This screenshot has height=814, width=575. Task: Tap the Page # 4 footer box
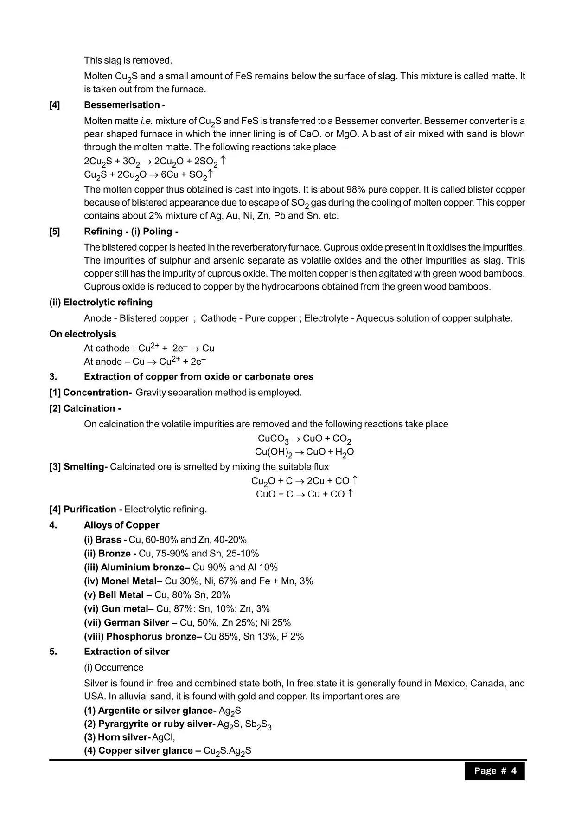[x=495, y=771]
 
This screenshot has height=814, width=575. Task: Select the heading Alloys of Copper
[x=121, y=525]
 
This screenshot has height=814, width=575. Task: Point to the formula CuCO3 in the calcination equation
[x=273, y=439]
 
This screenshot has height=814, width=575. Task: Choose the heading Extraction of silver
[x=127, y=652]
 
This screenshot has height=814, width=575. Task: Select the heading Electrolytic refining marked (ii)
[x=101, y=303]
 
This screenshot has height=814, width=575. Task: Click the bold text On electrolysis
[x=83, y=334]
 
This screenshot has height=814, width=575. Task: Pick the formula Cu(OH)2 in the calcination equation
[x=274, y=452]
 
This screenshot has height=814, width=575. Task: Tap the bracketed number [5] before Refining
[x=55, y=232]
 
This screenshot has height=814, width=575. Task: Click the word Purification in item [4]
[x=89, y=510]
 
